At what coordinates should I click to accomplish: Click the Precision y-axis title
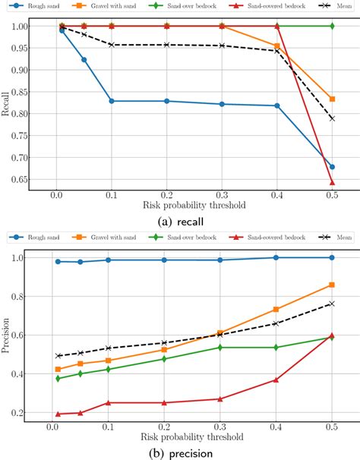(7, 335)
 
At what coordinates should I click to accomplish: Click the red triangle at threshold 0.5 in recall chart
(333, 182)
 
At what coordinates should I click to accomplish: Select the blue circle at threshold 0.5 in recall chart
(333, 167)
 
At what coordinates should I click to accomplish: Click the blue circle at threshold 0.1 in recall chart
(112, 101)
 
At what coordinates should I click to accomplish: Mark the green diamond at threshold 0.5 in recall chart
(333, 26)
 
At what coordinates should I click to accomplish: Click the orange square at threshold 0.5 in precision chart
(333, 285)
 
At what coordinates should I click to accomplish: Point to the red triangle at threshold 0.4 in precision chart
(277, 380)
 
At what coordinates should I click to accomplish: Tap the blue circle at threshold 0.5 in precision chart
(333, 257)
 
